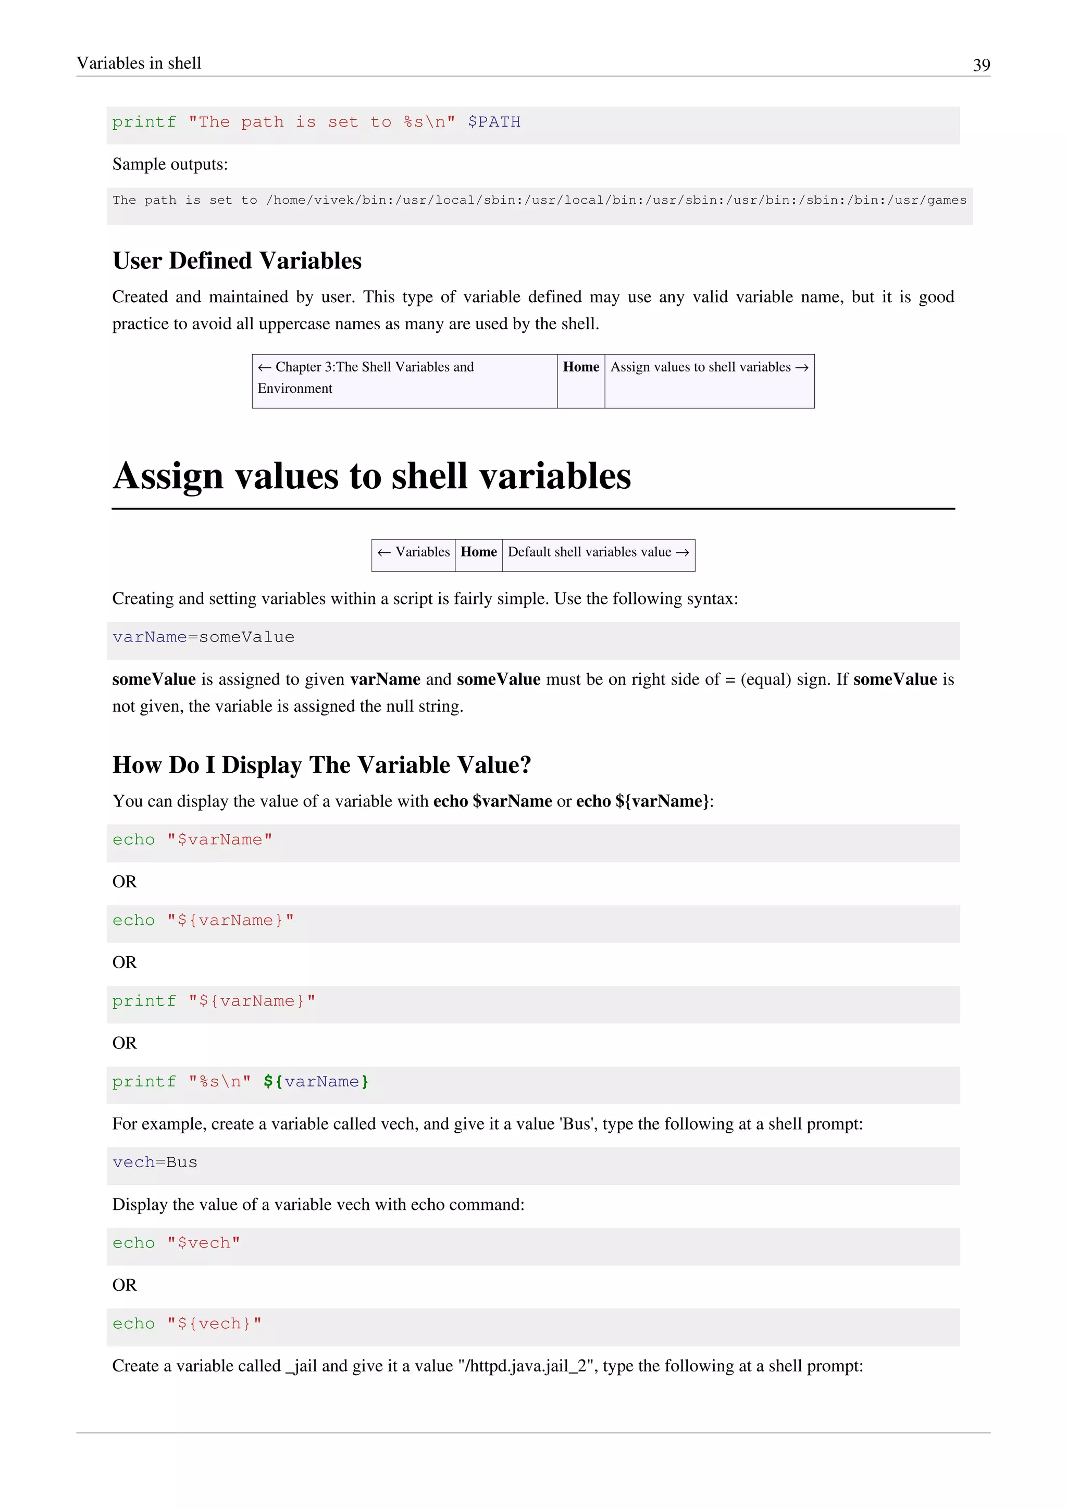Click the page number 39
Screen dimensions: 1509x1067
pos(981,65)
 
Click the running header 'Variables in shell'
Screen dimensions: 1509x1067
pos(139,63)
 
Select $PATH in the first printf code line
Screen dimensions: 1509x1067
pos(494,122)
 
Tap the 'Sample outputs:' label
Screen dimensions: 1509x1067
pos(170,164)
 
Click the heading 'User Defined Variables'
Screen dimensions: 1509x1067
pos(237,261)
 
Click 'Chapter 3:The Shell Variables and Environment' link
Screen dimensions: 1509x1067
pos(365,377)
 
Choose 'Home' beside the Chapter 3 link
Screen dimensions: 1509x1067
pos(581,367)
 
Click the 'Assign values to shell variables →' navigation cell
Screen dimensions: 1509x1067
pos(709,367)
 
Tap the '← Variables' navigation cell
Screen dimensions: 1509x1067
pos(414,552)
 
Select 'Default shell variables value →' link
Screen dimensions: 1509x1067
pos(598,552)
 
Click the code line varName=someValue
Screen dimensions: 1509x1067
pos(203,637)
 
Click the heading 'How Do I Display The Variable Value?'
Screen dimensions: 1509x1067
pos(321,765)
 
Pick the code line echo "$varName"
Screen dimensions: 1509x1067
pos(192,840)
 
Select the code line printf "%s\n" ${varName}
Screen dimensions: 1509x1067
pos(241,1082)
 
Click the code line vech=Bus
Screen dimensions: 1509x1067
pos(155,1162)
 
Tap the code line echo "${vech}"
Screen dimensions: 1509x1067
pos(187,1324)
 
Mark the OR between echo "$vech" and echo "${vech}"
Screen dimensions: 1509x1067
pos(124,1285)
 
